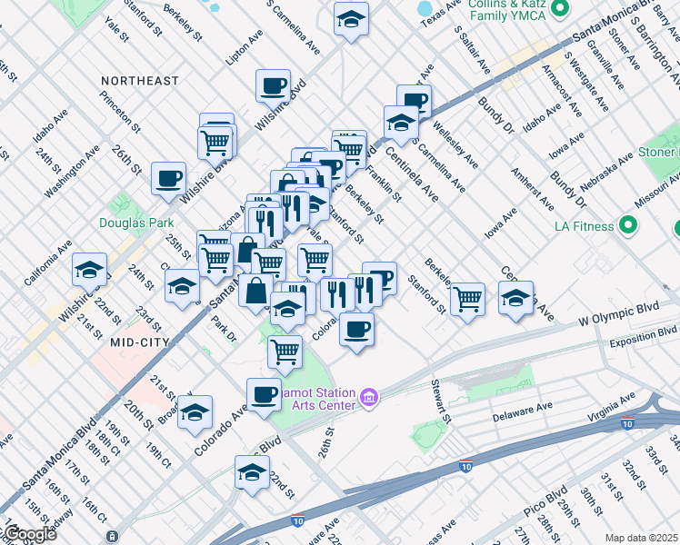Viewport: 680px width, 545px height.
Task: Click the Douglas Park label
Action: click(136, 223)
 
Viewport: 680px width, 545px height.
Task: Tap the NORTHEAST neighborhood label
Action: click(140, 81)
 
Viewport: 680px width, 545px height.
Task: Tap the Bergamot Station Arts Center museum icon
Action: click(368, 397)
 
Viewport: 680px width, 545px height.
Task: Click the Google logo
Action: click(29, 534)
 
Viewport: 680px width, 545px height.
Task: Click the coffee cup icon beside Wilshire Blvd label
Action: click(272, 86)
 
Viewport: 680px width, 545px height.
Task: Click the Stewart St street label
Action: click(442, 401)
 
